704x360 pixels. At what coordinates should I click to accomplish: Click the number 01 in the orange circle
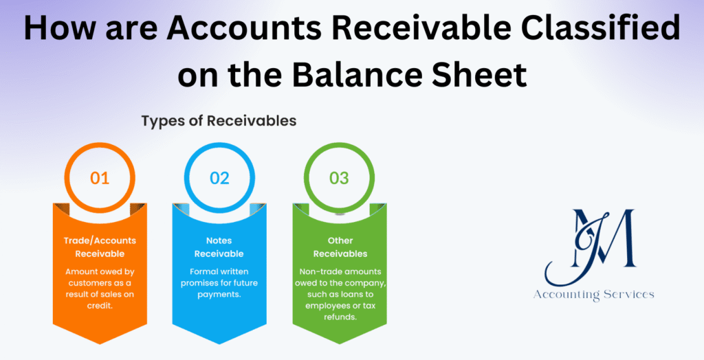[x=100, y=177]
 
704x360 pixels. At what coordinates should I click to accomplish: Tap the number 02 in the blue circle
[x=219, y=177]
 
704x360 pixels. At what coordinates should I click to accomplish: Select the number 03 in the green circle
[x=339, y=177]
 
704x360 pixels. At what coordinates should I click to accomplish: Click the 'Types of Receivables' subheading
[x=219, y=121]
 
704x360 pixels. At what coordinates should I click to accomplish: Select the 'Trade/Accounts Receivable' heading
[x=100, y=247]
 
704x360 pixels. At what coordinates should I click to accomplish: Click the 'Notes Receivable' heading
[x=219, y=247]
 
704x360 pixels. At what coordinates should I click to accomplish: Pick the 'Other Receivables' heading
[x=339, y=247]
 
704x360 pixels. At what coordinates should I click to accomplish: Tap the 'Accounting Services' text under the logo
[x=594, y=294]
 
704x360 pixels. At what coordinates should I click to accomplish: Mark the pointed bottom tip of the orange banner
[x=100, y=342]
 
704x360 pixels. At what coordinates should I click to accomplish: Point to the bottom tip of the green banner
[x=339, y=342]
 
